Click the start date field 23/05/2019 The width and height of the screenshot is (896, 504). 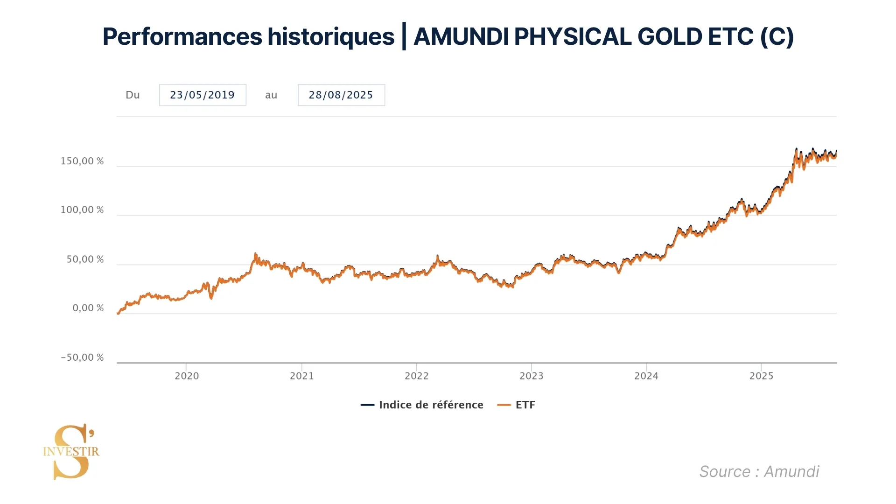click(203, 95)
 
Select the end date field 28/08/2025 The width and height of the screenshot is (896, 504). click(341, 95)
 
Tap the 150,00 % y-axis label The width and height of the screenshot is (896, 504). click(82, 161)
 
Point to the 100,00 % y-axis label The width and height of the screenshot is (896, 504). click(82, 210)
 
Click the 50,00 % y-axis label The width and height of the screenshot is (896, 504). click(85, 259)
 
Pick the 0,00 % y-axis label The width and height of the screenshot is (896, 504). click(88, 308)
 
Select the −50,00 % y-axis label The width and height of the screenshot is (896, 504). click(82, 357)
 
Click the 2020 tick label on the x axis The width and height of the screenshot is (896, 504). click(187, 376)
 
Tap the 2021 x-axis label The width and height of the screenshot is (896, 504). click(302, 376)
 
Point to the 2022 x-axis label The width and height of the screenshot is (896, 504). click(417, 376)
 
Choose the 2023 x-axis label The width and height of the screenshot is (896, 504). click(532, 376)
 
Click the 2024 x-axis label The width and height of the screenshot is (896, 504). click(646, 376)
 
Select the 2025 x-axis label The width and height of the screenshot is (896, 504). click(762, 376)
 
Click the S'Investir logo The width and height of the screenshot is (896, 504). click(71, 451)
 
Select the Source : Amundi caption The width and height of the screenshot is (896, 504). click(759, 472)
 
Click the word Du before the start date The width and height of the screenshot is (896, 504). click(133, 95)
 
